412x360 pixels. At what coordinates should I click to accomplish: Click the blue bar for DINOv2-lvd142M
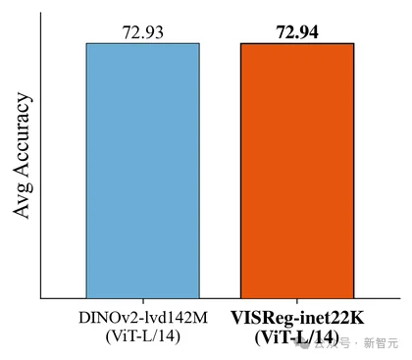(143, 171)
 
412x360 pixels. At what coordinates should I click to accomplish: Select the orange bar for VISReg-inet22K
(297, 171)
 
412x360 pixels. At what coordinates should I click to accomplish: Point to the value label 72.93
(143, 32)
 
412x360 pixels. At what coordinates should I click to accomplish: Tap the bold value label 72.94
(297, 32)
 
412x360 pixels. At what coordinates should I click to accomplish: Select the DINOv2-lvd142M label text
(143, 318)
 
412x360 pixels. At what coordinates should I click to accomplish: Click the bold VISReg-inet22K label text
(297, 318)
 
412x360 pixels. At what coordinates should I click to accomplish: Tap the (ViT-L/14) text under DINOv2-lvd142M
(143, 336)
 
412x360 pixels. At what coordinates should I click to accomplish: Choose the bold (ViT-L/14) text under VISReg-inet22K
(296, 336)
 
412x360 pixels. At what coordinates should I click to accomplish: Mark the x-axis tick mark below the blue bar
(143, 301)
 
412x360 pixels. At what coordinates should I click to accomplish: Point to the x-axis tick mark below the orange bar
(297, 301)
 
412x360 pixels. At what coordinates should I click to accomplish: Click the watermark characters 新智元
(382, 343)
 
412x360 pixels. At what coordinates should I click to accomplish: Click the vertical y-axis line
(41, 155)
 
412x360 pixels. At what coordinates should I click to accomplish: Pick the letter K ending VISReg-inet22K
(357, 317)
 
